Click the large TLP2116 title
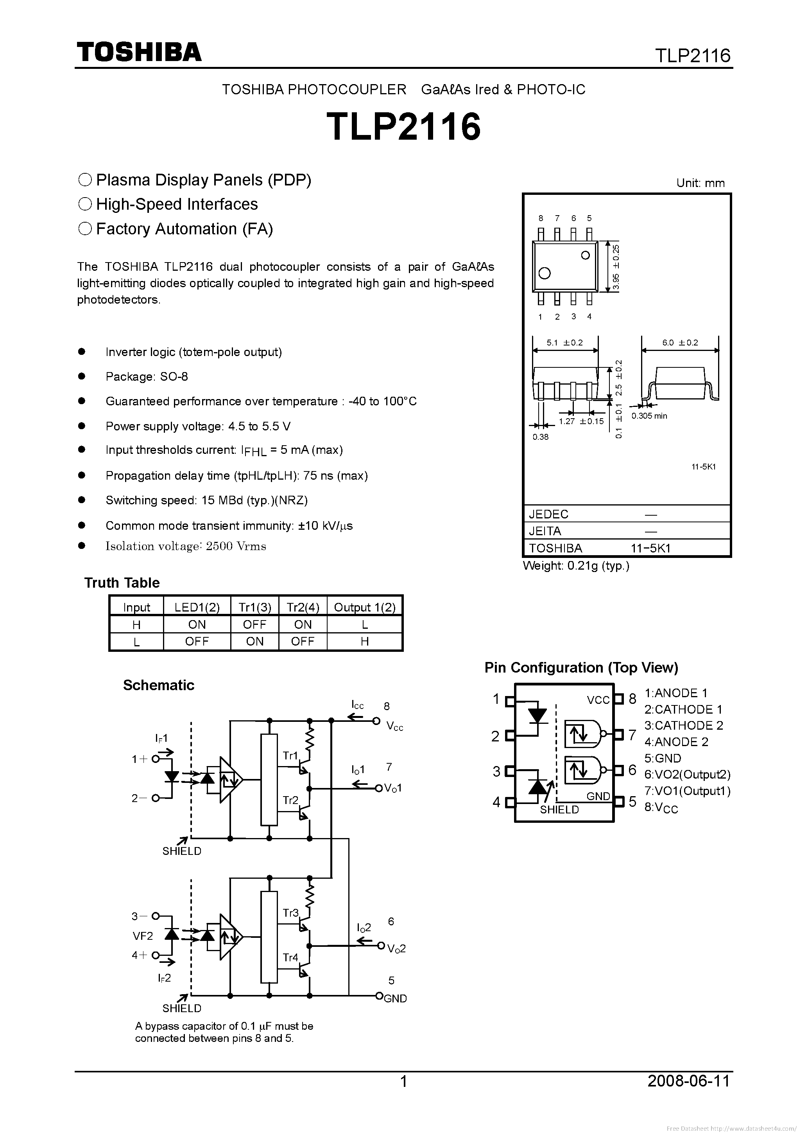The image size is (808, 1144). pos(404,126)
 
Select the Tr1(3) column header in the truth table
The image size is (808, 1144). pos(254,607)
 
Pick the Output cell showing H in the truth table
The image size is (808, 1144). pos(364,641)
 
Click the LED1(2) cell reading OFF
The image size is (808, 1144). pos(197,641)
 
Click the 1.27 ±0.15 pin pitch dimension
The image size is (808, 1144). pos(581,421)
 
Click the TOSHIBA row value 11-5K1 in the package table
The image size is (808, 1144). pos(650,548)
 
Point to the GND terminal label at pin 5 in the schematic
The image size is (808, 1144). pos(396,998)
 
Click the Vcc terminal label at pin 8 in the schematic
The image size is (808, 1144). pos(395,727)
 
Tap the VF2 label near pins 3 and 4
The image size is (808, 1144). pos(143,936)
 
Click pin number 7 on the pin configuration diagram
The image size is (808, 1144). pos(632,735)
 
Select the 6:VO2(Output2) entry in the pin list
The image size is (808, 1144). pos(687,774)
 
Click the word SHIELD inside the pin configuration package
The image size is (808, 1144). pos(559,809)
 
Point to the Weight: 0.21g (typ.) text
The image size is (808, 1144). pos(576,566)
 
